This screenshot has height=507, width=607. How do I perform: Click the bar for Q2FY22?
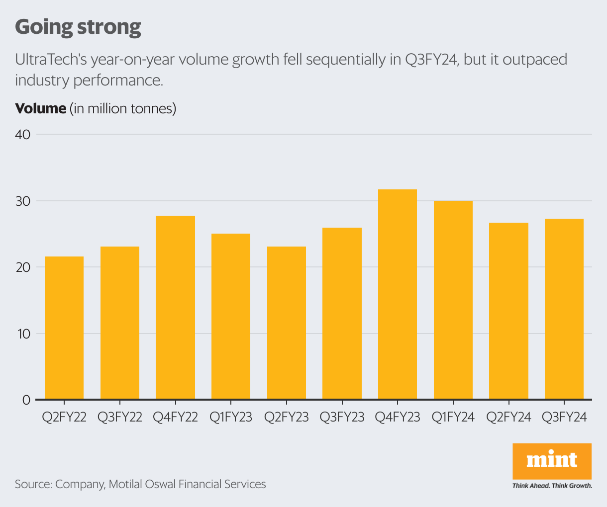(64, 328)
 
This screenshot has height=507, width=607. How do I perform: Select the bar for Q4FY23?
(398, 294)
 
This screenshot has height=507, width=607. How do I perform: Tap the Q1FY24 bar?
(453, 300)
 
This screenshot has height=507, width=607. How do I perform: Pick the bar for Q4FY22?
(175, 307)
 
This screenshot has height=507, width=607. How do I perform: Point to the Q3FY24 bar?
(564, 309)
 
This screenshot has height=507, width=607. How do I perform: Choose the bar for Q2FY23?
(287, 323)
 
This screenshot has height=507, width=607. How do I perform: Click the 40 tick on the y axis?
(23, 135)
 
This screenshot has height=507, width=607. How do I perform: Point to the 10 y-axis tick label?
(23, 334)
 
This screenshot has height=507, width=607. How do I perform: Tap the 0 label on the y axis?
(26, 400)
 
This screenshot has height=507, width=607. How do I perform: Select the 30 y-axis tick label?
(23, 201)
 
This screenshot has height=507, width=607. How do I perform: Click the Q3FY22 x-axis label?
(120, 417)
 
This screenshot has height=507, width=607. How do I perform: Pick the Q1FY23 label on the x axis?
(231, 417)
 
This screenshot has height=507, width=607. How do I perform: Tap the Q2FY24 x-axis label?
(508, 417)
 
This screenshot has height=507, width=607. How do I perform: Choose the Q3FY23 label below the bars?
(342, 417)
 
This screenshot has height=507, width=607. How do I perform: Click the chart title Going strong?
(78, 27)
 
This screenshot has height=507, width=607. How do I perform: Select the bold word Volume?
(40, 108)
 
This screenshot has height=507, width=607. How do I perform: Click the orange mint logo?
(552, 460)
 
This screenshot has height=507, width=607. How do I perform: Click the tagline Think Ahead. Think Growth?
(552, 486)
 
